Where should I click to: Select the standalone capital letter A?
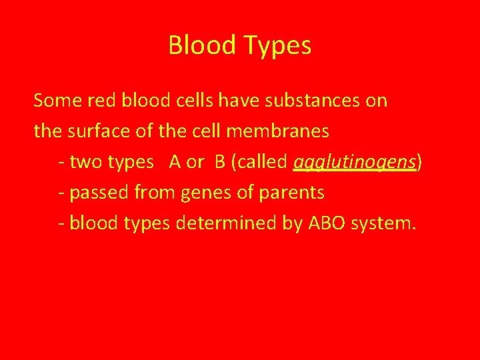point(175,162)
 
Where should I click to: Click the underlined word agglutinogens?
point(355,162)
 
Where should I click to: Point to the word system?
point(388,223)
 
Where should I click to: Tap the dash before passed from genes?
point(61,193)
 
